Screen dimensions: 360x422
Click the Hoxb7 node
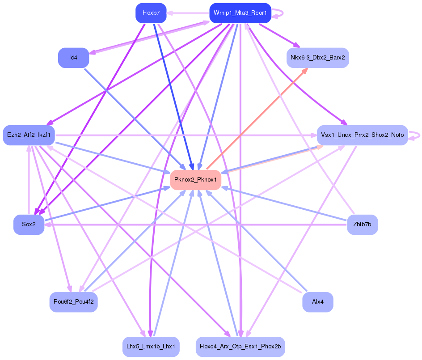151,13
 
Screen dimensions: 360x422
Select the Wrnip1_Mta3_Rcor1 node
240,13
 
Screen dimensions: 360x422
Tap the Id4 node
73,58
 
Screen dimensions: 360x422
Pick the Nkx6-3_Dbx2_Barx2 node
317,58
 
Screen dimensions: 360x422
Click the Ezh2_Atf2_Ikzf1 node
29,135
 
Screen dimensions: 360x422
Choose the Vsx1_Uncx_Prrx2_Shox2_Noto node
362,135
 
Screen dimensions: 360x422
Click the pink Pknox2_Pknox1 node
195,180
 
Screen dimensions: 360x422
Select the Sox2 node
29,224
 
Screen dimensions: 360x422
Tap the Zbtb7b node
362,224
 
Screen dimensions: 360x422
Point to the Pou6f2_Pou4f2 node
73,302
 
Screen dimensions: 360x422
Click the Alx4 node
317,302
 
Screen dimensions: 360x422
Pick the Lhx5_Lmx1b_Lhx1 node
151,347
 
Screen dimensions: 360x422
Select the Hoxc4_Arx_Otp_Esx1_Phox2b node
240,347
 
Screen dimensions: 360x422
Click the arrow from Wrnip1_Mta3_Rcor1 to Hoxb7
188,13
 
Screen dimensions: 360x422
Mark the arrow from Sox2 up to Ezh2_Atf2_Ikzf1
29,179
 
